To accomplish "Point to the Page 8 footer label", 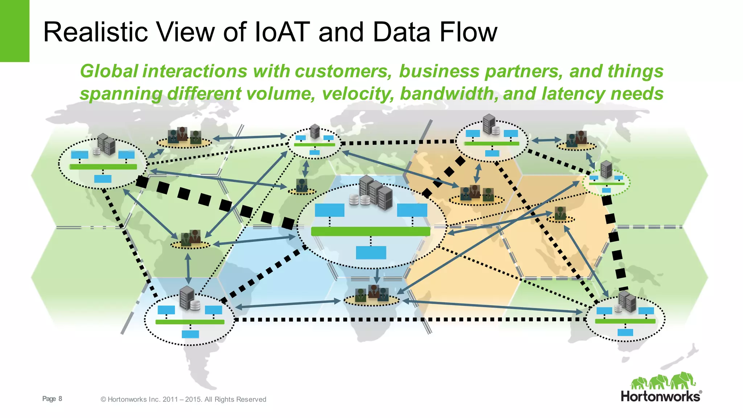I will pyautogui.click(x=52, y=399).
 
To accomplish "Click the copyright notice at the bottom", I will pyautogui.click(x=183, y=399).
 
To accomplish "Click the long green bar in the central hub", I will pyautogui.click(x=370, y=231).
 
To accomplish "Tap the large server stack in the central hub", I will pyautogui.click(x=376, y=193).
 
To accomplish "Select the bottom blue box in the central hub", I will pyautogui.click(x=371, y=253).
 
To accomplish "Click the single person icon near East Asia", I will pyautogui.click(x=560, y=214).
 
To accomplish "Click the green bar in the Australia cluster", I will pyautogui.click(x=625, y=321).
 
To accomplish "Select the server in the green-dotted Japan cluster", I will pyautogui.click(x=606, y=169).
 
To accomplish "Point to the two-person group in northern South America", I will pyautogui.click(x=191, y=238).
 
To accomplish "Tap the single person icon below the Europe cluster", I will pyautogui.click(x=301, y=185).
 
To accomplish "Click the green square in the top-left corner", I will pyautogui.click(x=15, y=31).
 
